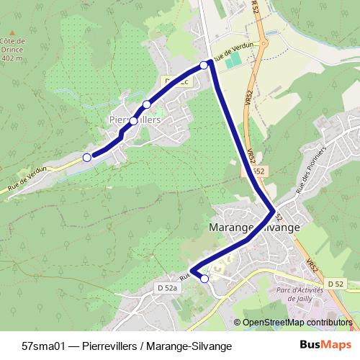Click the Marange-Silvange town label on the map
pyautogui.click(x=253, y=227)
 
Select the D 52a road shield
pyautogui.click(x=167, y=288)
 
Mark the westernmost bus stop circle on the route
pyautogui.click(x=87, y=157)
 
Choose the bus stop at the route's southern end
pyautogui.click(x=204, y=278)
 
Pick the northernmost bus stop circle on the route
pyautogui.click(x=204, y=66)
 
